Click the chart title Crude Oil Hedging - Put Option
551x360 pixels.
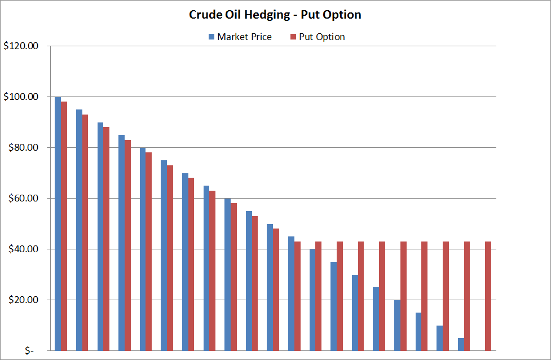coord(275,15)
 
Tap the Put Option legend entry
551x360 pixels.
coord(317,37)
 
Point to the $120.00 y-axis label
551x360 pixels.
coord(20,46)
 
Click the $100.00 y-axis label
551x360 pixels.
coord(20,97)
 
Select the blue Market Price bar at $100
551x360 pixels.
coord(58,223)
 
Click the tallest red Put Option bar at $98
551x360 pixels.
coord(64,226)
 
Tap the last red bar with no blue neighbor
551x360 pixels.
coord(488,296)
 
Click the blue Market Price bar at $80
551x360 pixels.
coord(143,249)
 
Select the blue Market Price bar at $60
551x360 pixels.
coord(227,274)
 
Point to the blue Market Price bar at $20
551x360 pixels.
coord(397,325)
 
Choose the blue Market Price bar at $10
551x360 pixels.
coord(439,338)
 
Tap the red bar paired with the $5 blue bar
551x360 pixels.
coord(467,296)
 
